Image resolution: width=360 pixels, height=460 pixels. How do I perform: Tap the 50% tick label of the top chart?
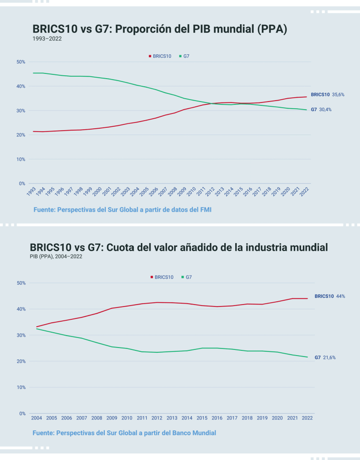tap(20, 62)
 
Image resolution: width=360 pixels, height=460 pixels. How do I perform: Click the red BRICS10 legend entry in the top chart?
tap(160, 56)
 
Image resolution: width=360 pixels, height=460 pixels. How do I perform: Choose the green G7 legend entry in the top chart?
tap(184, 56)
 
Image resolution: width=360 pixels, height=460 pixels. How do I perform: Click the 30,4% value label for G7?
tap(325, 110)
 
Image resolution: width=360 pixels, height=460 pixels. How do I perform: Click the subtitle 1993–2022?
tap(47, 39)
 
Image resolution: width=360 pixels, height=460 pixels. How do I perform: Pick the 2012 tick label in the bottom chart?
tap(157, 418)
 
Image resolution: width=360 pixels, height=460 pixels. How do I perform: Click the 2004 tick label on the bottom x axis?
tap(36, 418)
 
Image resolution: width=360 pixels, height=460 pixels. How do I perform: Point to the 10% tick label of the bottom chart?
tap(20, 388)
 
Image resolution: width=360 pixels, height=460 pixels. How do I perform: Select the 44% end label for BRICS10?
tap(340, 296)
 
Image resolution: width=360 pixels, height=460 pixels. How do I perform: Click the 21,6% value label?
tap(329, 358)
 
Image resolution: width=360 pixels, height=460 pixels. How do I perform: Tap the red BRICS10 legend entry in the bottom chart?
tap(162, 277)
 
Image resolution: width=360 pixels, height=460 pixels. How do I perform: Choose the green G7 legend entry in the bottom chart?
tap(186, 277)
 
